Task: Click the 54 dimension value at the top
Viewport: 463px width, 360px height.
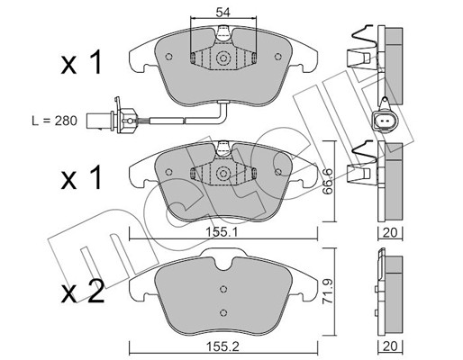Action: tap(223, 13)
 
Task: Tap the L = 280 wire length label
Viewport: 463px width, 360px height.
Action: tap(55, 121)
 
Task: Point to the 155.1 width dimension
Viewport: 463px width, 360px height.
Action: tap(222, 232)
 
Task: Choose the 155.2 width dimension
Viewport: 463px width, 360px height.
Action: tap(222, 347)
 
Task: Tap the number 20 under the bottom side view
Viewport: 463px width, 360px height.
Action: tap(390, 346)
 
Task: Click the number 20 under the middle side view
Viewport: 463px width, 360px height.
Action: tap(390, 232)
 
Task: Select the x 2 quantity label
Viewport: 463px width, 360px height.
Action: tap(83, 291)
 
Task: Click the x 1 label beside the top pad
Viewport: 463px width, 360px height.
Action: tap(81, 63)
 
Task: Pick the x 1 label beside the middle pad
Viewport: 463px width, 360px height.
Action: tap(81, 178)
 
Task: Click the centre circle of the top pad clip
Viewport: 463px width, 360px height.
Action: tap(222, 58)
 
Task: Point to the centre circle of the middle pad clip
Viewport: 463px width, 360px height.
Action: tap(222, 173)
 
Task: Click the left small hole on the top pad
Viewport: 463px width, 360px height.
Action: tap(168, 57)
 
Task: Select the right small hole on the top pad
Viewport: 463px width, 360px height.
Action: tap(278, 57)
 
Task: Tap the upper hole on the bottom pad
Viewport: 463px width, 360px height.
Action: tap(222, 289)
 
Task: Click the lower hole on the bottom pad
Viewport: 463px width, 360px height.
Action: tap(222, 312)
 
